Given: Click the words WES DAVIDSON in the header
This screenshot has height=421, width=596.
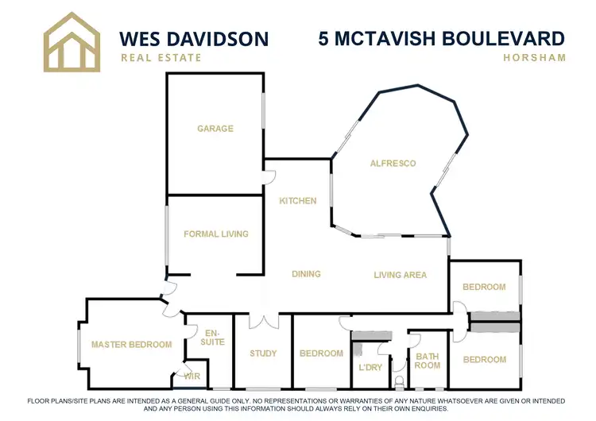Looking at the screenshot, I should click(193, 38).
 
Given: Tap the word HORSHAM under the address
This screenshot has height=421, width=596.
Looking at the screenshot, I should click(534, 57).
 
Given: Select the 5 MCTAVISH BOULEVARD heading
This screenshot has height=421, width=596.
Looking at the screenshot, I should click(441, 38).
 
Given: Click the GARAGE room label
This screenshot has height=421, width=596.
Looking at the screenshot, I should click(215, 128).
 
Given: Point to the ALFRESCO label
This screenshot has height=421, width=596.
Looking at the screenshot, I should click(393, 164).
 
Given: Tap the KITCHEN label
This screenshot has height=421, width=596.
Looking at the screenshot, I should click(298, 201).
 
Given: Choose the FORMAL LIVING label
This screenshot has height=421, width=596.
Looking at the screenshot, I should click(216, 234).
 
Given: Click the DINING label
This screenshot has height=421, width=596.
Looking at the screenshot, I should click(306, 274).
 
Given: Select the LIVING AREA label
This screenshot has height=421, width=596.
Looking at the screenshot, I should click(401, 275).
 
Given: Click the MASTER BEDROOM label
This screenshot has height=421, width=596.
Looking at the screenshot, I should click(131, 344).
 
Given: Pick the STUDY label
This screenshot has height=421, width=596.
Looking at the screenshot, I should click(262, 353).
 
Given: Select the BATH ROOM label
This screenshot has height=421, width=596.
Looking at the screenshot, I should click(428, 361).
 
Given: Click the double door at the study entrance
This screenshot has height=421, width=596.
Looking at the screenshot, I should click(263, 321).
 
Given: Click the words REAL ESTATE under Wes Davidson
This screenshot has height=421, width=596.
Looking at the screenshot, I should click(161, 57).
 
